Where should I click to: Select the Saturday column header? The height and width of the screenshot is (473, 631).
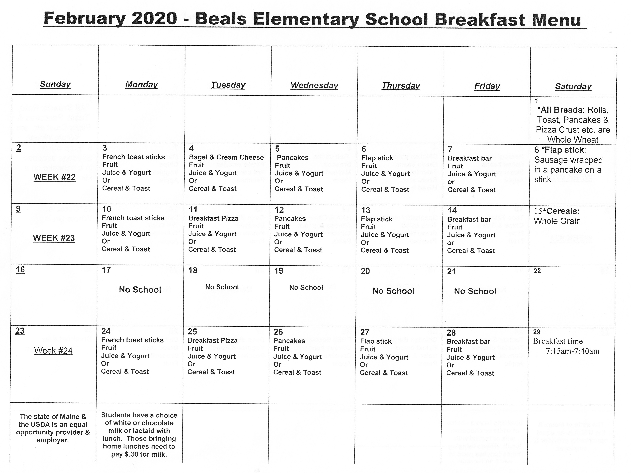(573, 87)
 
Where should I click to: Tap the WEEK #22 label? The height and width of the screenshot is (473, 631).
(55, 177)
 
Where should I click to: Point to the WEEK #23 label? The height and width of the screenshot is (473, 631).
(54, 238)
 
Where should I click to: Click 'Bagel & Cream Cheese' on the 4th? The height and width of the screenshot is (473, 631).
(226, 157)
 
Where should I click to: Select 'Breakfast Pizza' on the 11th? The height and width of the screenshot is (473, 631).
(213, 218)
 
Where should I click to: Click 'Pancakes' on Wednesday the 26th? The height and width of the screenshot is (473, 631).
(289, 341)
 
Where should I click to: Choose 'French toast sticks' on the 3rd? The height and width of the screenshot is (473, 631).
(134, 157)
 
